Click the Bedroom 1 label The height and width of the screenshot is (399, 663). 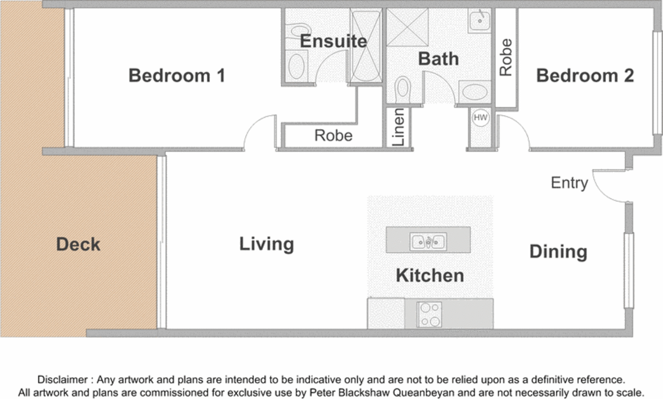[x=177, y=76]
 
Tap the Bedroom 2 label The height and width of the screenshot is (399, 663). [x=585, y=76]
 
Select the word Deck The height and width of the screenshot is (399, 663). [x=78, y=244]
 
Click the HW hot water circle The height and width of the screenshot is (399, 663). [x=480, y=118]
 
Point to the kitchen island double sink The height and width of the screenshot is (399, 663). [x=428, y=241]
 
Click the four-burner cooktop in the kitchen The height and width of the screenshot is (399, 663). [x=429, y=315]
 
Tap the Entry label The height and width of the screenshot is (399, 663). [x=569, y=183]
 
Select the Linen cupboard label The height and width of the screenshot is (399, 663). [x=398, y=127]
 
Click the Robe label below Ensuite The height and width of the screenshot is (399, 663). [x=333, y=136]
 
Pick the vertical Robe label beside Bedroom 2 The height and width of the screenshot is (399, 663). [x=506, y=57]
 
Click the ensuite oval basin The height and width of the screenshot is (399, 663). [x=296, y=66]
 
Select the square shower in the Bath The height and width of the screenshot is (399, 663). [x=407, y=27]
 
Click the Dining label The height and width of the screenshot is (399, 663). [x=558, y=252]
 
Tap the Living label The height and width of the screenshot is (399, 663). [x=267, y=244]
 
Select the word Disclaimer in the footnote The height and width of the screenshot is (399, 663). [x=62, y=379]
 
